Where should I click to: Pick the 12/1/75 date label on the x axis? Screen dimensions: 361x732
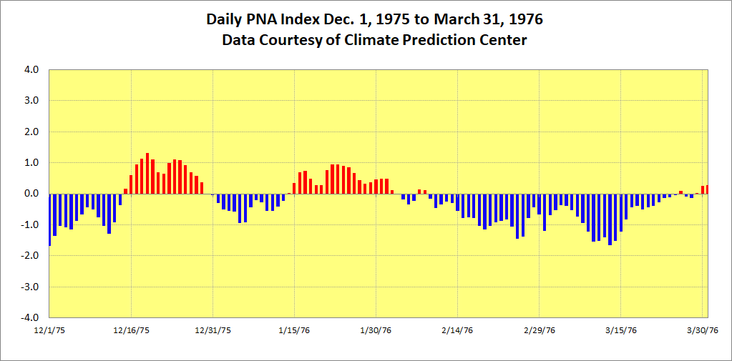[49, 330]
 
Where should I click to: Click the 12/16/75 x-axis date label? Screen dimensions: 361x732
[131, 330]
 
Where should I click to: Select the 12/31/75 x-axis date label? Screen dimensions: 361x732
[213, 330]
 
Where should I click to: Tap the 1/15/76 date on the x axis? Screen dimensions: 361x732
[294, 330]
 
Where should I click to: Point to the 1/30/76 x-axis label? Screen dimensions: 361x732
[376, 330]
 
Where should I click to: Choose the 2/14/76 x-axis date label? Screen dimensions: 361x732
[457, 330]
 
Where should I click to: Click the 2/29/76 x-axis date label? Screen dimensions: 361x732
[539, 330]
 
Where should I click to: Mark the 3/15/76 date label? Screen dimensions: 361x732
[620, 330]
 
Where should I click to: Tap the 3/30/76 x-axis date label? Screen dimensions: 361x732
[702, 330]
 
